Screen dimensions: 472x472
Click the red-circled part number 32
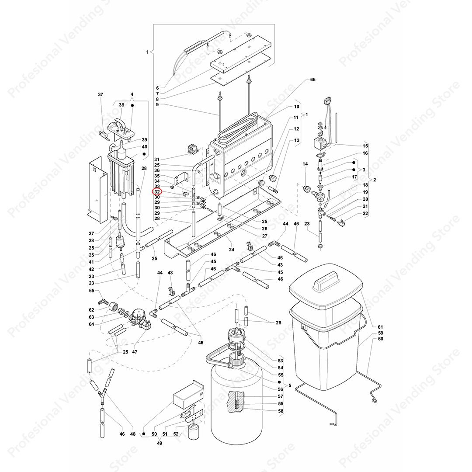click(x=157, y=191)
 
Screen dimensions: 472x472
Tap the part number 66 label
click(x=313, y=80)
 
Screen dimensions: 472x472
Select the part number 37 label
click(x=101, y=94)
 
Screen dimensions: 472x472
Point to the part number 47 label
click(x=135, y=352)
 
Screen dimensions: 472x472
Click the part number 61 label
click(x=381, y=327)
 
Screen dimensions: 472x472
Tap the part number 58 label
click(x=281, y=411)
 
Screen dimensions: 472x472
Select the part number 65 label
click(x=91, y=291)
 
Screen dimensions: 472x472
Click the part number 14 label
click(x=305, y=164)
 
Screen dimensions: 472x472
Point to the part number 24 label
click(x=232, y=250)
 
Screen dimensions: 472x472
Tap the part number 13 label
click(x=297, y=140)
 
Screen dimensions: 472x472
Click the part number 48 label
click(x=133, y=434)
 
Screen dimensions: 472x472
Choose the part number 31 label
click(x=157, y=160)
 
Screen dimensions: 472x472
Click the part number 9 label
click(x=157, y=105)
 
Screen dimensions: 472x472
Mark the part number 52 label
click(x=176, y=434)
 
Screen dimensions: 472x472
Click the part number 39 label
click(x=145, y=140)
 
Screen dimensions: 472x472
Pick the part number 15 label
click(x=365, y=146)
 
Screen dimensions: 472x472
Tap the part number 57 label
click(x=281, y=396)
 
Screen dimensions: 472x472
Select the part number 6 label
click(x=157, y=88)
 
